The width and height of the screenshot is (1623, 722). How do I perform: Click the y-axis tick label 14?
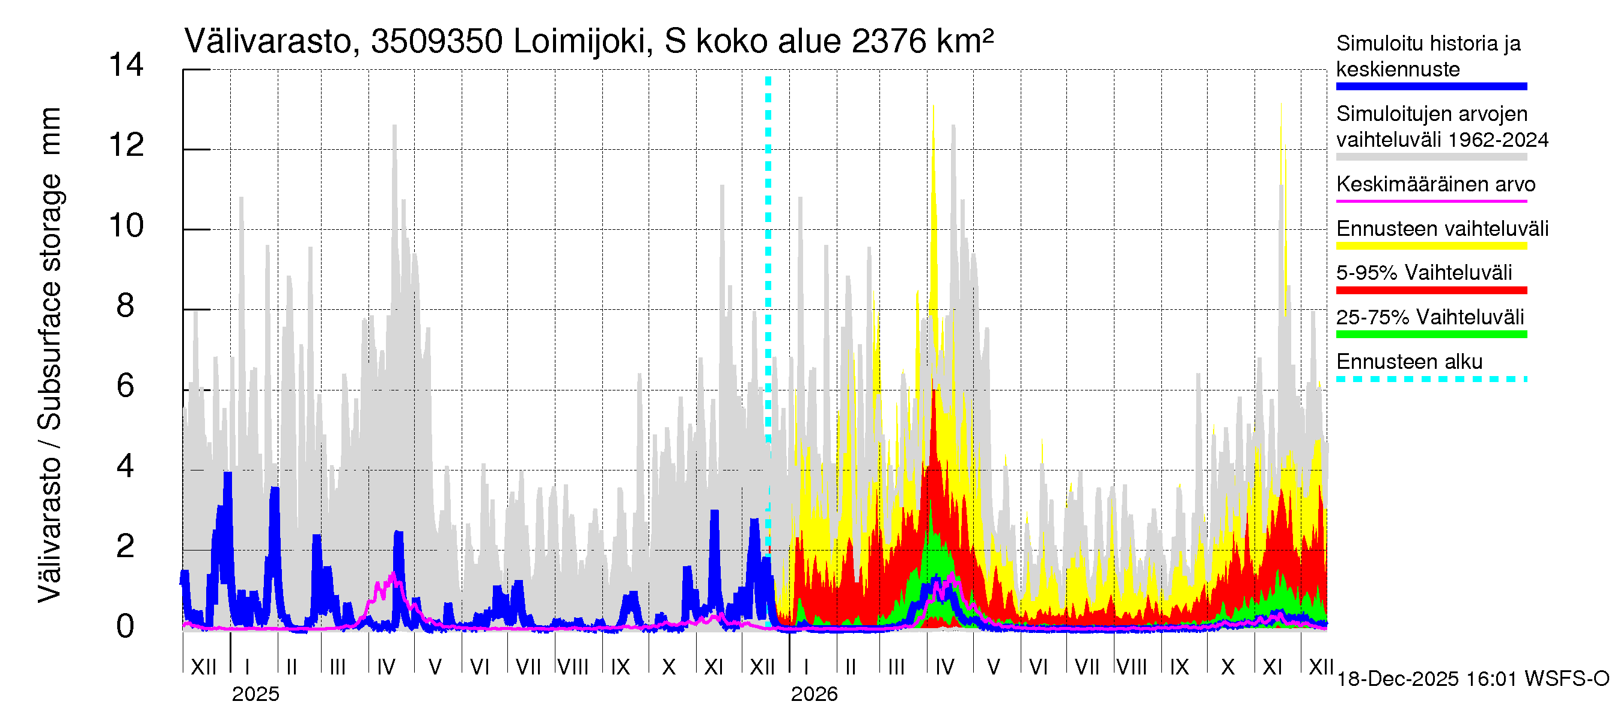126,65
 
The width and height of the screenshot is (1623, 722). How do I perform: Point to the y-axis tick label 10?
126,226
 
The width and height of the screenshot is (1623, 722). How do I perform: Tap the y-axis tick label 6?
126,386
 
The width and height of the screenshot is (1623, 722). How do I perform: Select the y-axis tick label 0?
126,627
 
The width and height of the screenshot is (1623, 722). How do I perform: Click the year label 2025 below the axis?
255,694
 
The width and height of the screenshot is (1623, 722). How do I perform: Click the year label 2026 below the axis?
814,694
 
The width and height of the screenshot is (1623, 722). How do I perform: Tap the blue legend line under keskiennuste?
1431,87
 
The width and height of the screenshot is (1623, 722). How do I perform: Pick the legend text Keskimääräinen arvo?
1436,184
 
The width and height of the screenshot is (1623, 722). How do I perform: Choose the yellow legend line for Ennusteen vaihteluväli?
1431,246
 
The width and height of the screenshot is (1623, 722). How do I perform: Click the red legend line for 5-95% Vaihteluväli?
1431,290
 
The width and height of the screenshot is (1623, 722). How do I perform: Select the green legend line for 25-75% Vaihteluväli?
1431,334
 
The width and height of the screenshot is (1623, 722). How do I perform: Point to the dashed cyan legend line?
1431,379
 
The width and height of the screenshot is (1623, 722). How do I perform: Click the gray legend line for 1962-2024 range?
1431,156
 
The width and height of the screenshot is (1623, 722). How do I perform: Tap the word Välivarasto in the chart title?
267,42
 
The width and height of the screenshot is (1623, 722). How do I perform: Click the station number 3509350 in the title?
436,42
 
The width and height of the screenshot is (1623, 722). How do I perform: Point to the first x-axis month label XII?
203,667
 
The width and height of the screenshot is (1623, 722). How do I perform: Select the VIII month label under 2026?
1131,667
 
